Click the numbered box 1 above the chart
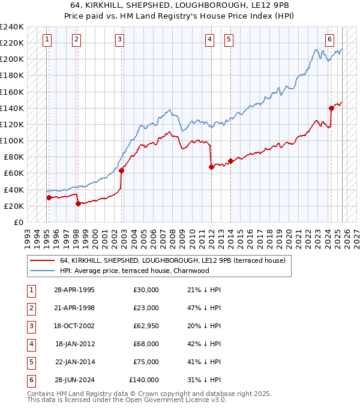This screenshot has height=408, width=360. (47, 40)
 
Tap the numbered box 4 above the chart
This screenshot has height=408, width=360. (209, 40)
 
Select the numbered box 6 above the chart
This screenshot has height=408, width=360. (329, 40)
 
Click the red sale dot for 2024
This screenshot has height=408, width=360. (331, 108)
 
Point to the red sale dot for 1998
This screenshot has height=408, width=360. (78, 203)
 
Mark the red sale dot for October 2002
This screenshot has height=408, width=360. (121, 170)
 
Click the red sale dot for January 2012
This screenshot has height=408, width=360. (211, 167)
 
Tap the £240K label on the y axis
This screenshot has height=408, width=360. (12, 26)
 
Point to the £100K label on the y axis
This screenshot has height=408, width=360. (12, 140)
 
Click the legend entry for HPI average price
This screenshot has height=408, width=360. (134, 271)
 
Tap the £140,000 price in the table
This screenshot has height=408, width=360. (144, 380)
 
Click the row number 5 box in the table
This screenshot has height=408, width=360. (29, 361)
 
